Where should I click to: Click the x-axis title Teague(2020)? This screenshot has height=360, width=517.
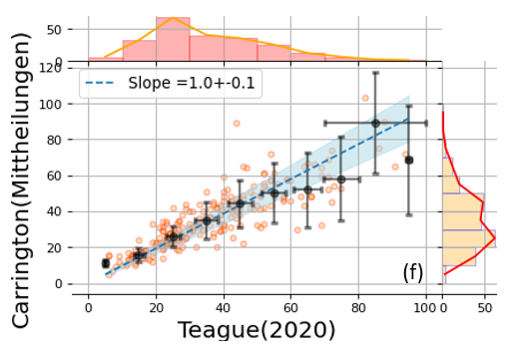pos(257,330)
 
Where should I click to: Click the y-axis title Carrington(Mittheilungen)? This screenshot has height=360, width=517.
pos(21,180)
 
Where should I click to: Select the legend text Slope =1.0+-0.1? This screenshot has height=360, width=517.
pos(192,83)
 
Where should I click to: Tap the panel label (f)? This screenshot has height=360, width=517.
pos(413,272)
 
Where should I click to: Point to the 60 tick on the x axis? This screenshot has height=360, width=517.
pos(290,308)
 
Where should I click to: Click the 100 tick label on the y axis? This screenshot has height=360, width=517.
pos(51,105)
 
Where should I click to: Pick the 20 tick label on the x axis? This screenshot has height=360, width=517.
pos(156,308)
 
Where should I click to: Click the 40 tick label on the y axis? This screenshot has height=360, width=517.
pos(55,211)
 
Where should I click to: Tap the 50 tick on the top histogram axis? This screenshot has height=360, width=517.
pos(55,30)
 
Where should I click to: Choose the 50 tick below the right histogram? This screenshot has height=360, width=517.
pos(485,308)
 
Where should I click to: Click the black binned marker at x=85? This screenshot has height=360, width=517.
pos(375,124)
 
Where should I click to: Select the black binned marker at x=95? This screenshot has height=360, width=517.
pos(409,161)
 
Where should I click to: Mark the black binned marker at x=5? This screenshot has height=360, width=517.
pos(106,263)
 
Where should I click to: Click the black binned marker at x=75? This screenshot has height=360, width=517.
pos(341,180)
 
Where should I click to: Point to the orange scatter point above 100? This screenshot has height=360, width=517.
pos(365,98)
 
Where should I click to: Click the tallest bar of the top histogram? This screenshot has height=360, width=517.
pos(173,39)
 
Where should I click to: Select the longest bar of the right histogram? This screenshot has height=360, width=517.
pos(469,238)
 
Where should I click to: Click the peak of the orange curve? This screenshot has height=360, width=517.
pos(173,17)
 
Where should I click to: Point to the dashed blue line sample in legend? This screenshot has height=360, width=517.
pos(100,83)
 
